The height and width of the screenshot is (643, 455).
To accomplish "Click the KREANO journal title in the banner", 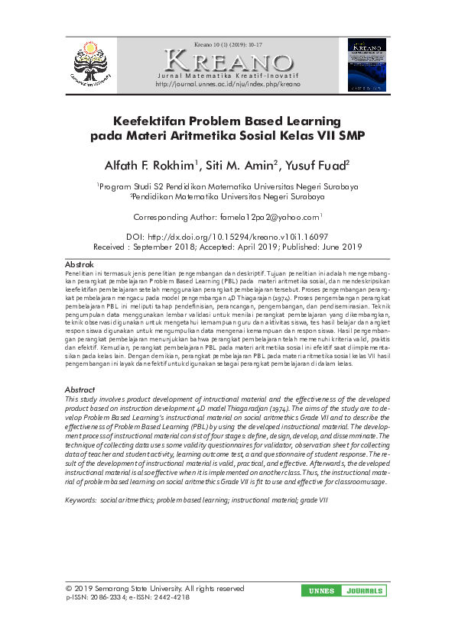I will (228, 61).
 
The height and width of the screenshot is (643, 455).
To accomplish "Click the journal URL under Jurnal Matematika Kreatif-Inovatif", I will (228, 84).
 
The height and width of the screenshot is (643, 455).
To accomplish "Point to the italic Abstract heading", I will (80, 389).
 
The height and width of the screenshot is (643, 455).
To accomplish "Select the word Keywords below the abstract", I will (80, 499).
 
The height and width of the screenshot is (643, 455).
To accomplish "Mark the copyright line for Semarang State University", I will (155, 589).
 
